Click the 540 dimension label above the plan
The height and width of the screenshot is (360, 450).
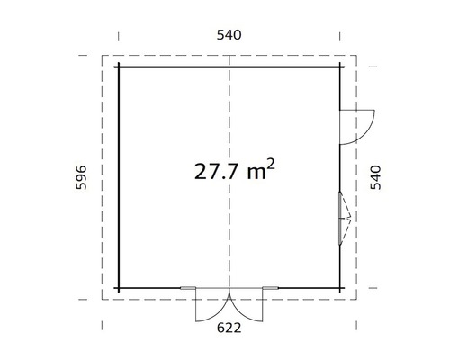click(229, 35)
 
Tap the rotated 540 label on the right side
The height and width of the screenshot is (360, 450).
click(375, 177)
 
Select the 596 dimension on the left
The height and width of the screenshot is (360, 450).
click(81, 177)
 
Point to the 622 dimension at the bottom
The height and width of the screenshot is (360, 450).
click(229, 328)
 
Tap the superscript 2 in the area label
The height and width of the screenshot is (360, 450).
click(270, 165)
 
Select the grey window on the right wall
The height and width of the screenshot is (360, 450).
click(340, 218)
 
